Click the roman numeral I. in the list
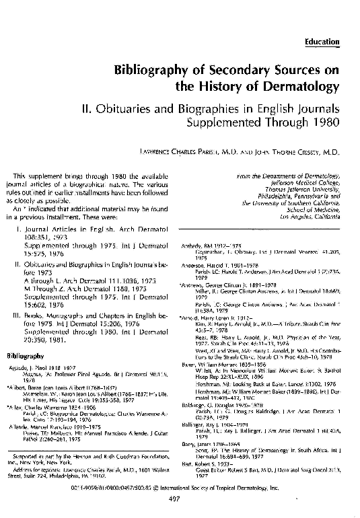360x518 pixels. click(x=19, y=230)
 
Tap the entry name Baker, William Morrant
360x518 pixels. click(x=210, y=364)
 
